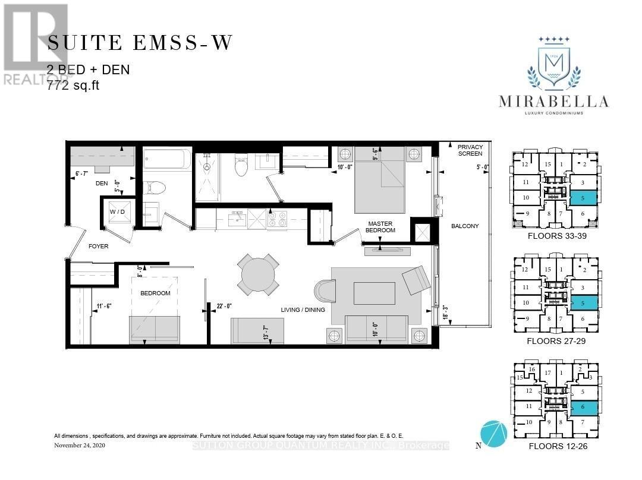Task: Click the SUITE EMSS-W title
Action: pos(140,43)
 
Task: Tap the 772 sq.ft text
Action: pos(74,85)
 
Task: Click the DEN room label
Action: pos(101,184)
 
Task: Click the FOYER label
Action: pos(99,246)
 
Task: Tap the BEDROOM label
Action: pos(155,293)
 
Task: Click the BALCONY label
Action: pos(464,226)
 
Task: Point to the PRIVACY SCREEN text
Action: pos(470,150)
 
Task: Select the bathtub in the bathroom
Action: pos(168,159)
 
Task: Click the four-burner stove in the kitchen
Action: pos(277,219)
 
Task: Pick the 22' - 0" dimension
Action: pos(225,307)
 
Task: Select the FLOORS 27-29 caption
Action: pos(557,342)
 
